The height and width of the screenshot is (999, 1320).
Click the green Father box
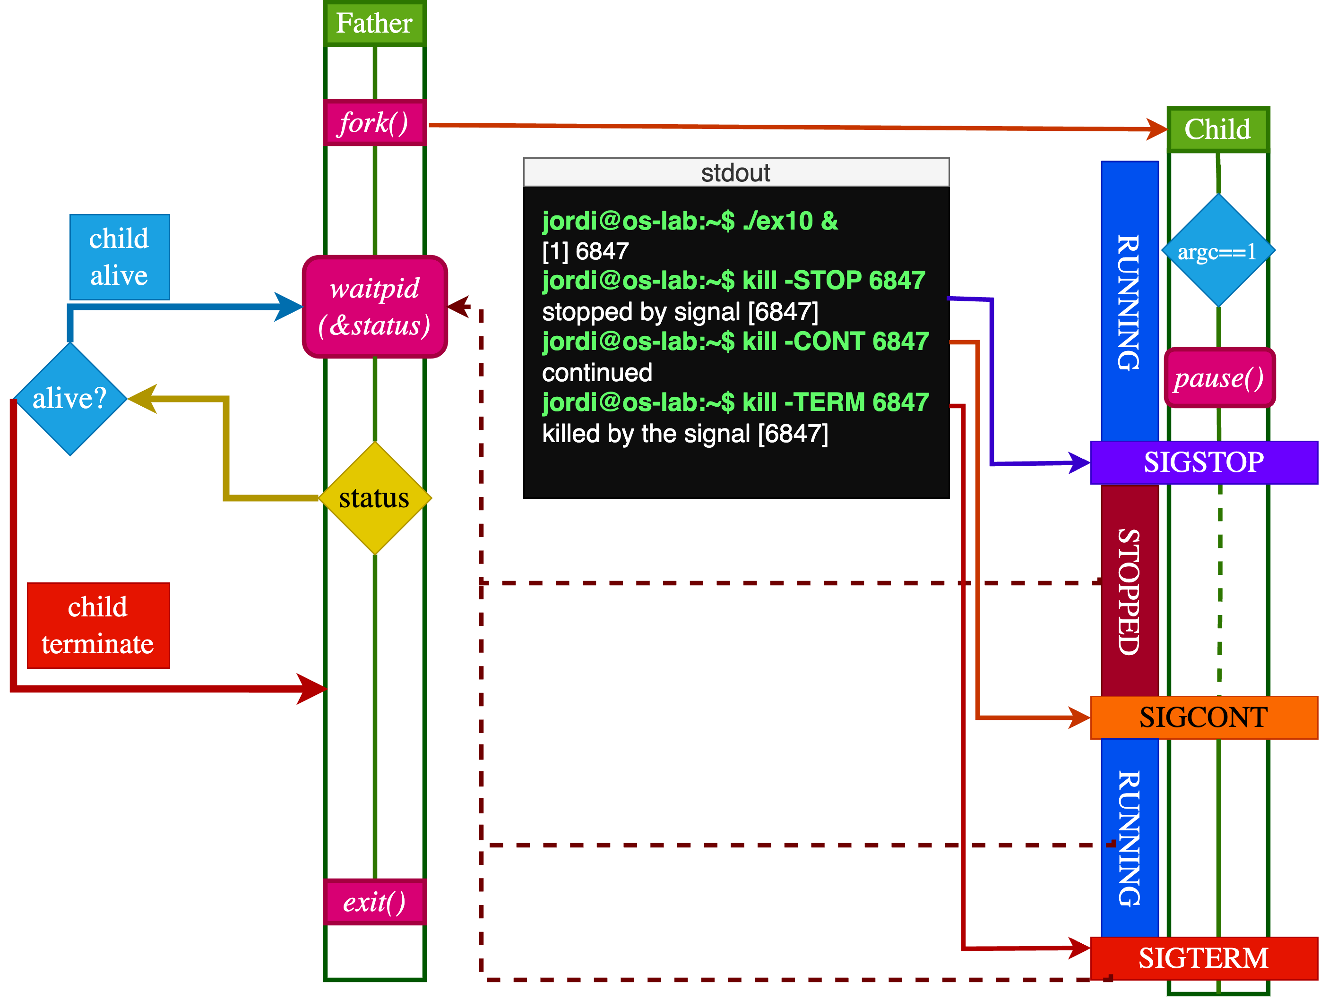(x=374, y=23)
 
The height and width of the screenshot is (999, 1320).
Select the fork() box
(x=374, y=123)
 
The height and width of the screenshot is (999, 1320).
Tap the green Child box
(x=1217, y=129)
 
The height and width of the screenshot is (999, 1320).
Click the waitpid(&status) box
(x=375, y=307)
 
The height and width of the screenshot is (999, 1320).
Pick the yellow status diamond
(x=375, y=498)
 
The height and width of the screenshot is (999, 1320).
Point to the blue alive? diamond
(x=70, y=398)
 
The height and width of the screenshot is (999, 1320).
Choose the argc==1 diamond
(x=1217, y=251)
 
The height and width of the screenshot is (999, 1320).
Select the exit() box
(x=374, y=902)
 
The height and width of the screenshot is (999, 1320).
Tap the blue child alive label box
(x=120, y=257)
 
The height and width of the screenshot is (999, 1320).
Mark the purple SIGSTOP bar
(x=1203, y=462)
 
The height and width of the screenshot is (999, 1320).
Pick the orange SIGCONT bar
(x=1203, y=717)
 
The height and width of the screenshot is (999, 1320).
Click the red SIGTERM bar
(x=1203, y=958)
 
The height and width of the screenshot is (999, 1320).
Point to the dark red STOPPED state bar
(x=1129, y=590)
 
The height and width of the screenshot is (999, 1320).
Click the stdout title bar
(x=736, y=173)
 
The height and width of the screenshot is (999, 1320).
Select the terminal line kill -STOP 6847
(x=733, y=280)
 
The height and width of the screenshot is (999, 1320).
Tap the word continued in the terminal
(x=597, y=373)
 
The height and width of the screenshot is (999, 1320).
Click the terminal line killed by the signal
(x=684, y=434)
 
